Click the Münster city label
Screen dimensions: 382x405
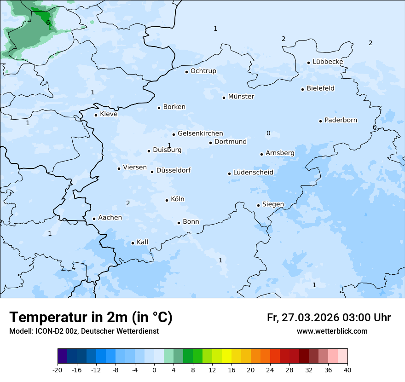[x=241, y=97]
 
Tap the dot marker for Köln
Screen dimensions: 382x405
[x=167, y=200]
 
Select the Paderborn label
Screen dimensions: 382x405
[x=341, y=120]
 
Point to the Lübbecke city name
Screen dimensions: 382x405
[x=328, y=62]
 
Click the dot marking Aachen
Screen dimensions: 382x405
[x=94, y=219]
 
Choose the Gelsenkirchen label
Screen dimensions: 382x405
[x=200, y=133]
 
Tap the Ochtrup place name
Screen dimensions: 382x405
[x=203, y=71]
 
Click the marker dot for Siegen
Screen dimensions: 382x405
[x=258, y=205]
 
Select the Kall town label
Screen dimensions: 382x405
[x=142, y=242]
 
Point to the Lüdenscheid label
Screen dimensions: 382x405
[x=253, y=173]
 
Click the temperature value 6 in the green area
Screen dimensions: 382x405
[x=48, y=23]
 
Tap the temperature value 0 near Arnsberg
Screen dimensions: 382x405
[x=268, y=133]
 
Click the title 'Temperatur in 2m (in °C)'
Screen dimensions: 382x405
[x=91, y=318]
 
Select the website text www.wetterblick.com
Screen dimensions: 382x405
[x=332, y=331]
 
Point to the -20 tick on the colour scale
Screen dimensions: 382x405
[x=58, y=370]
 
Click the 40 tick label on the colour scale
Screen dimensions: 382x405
[x=347, y=370]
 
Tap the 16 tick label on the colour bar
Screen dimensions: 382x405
[x=231, y=370]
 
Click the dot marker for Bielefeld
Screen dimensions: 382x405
[x=302, y=89]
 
